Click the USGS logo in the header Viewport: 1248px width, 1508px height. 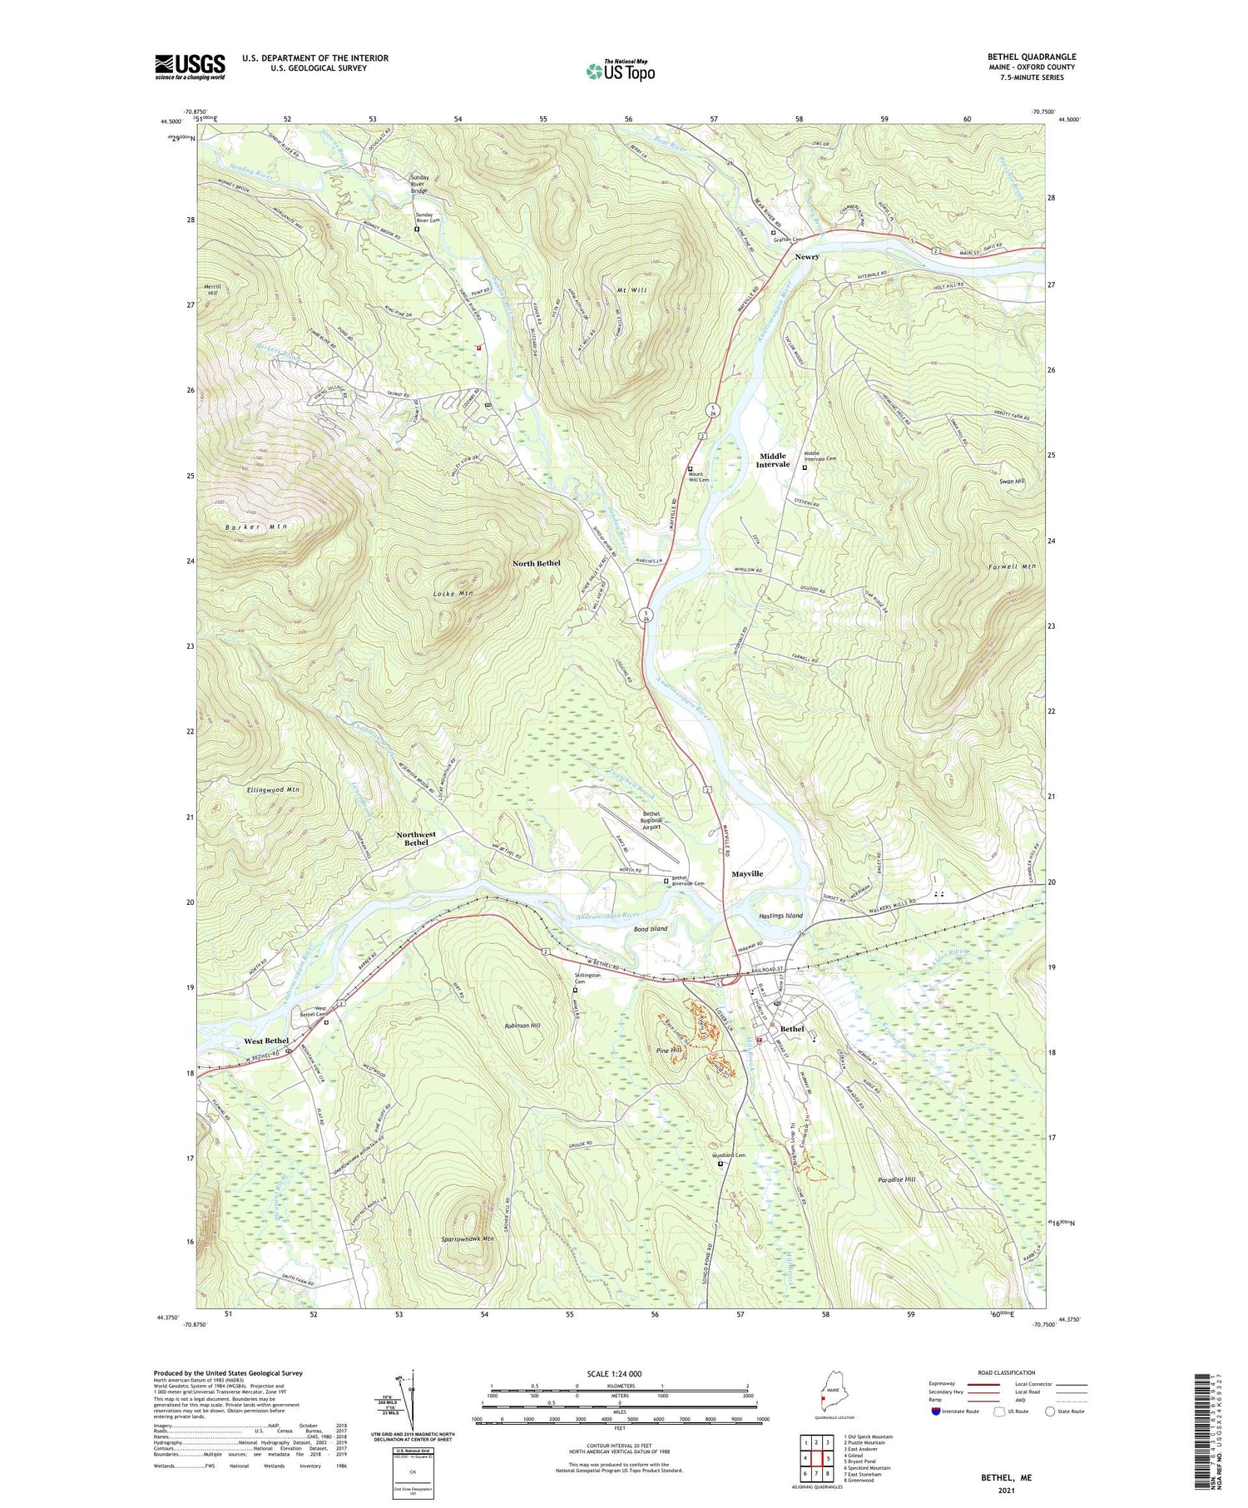(190, 67)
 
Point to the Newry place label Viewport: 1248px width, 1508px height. (806, 257)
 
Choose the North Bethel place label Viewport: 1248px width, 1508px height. (536, 563)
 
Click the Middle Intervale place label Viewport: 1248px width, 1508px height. (771, 460)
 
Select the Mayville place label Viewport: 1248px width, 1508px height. (746, 874)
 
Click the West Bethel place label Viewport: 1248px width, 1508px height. (266, 1041)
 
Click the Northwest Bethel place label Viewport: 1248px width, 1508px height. (416, 838)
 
